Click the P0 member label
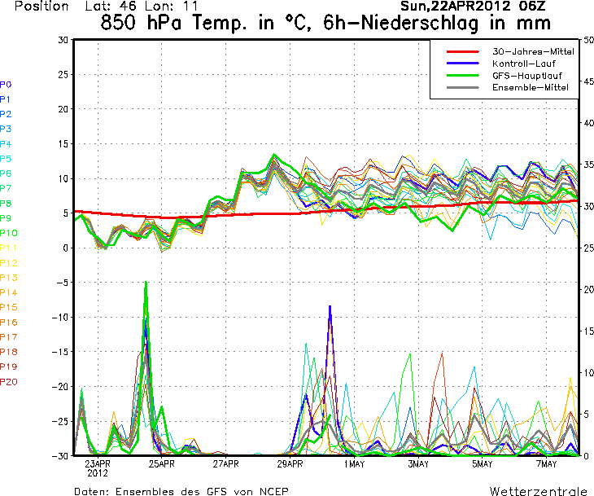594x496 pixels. tap(6, 84)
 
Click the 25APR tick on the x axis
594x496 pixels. tap(162, 464)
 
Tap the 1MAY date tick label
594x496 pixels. tap(354, 464)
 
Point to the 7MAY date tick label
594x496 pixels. tap(547, 464)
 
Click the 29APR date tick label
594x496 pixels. tap(290, 464)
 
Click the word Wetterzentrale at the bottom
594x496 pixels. tap(538, 491)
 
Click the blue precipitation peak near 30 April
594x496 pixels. tap(330, 306)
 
